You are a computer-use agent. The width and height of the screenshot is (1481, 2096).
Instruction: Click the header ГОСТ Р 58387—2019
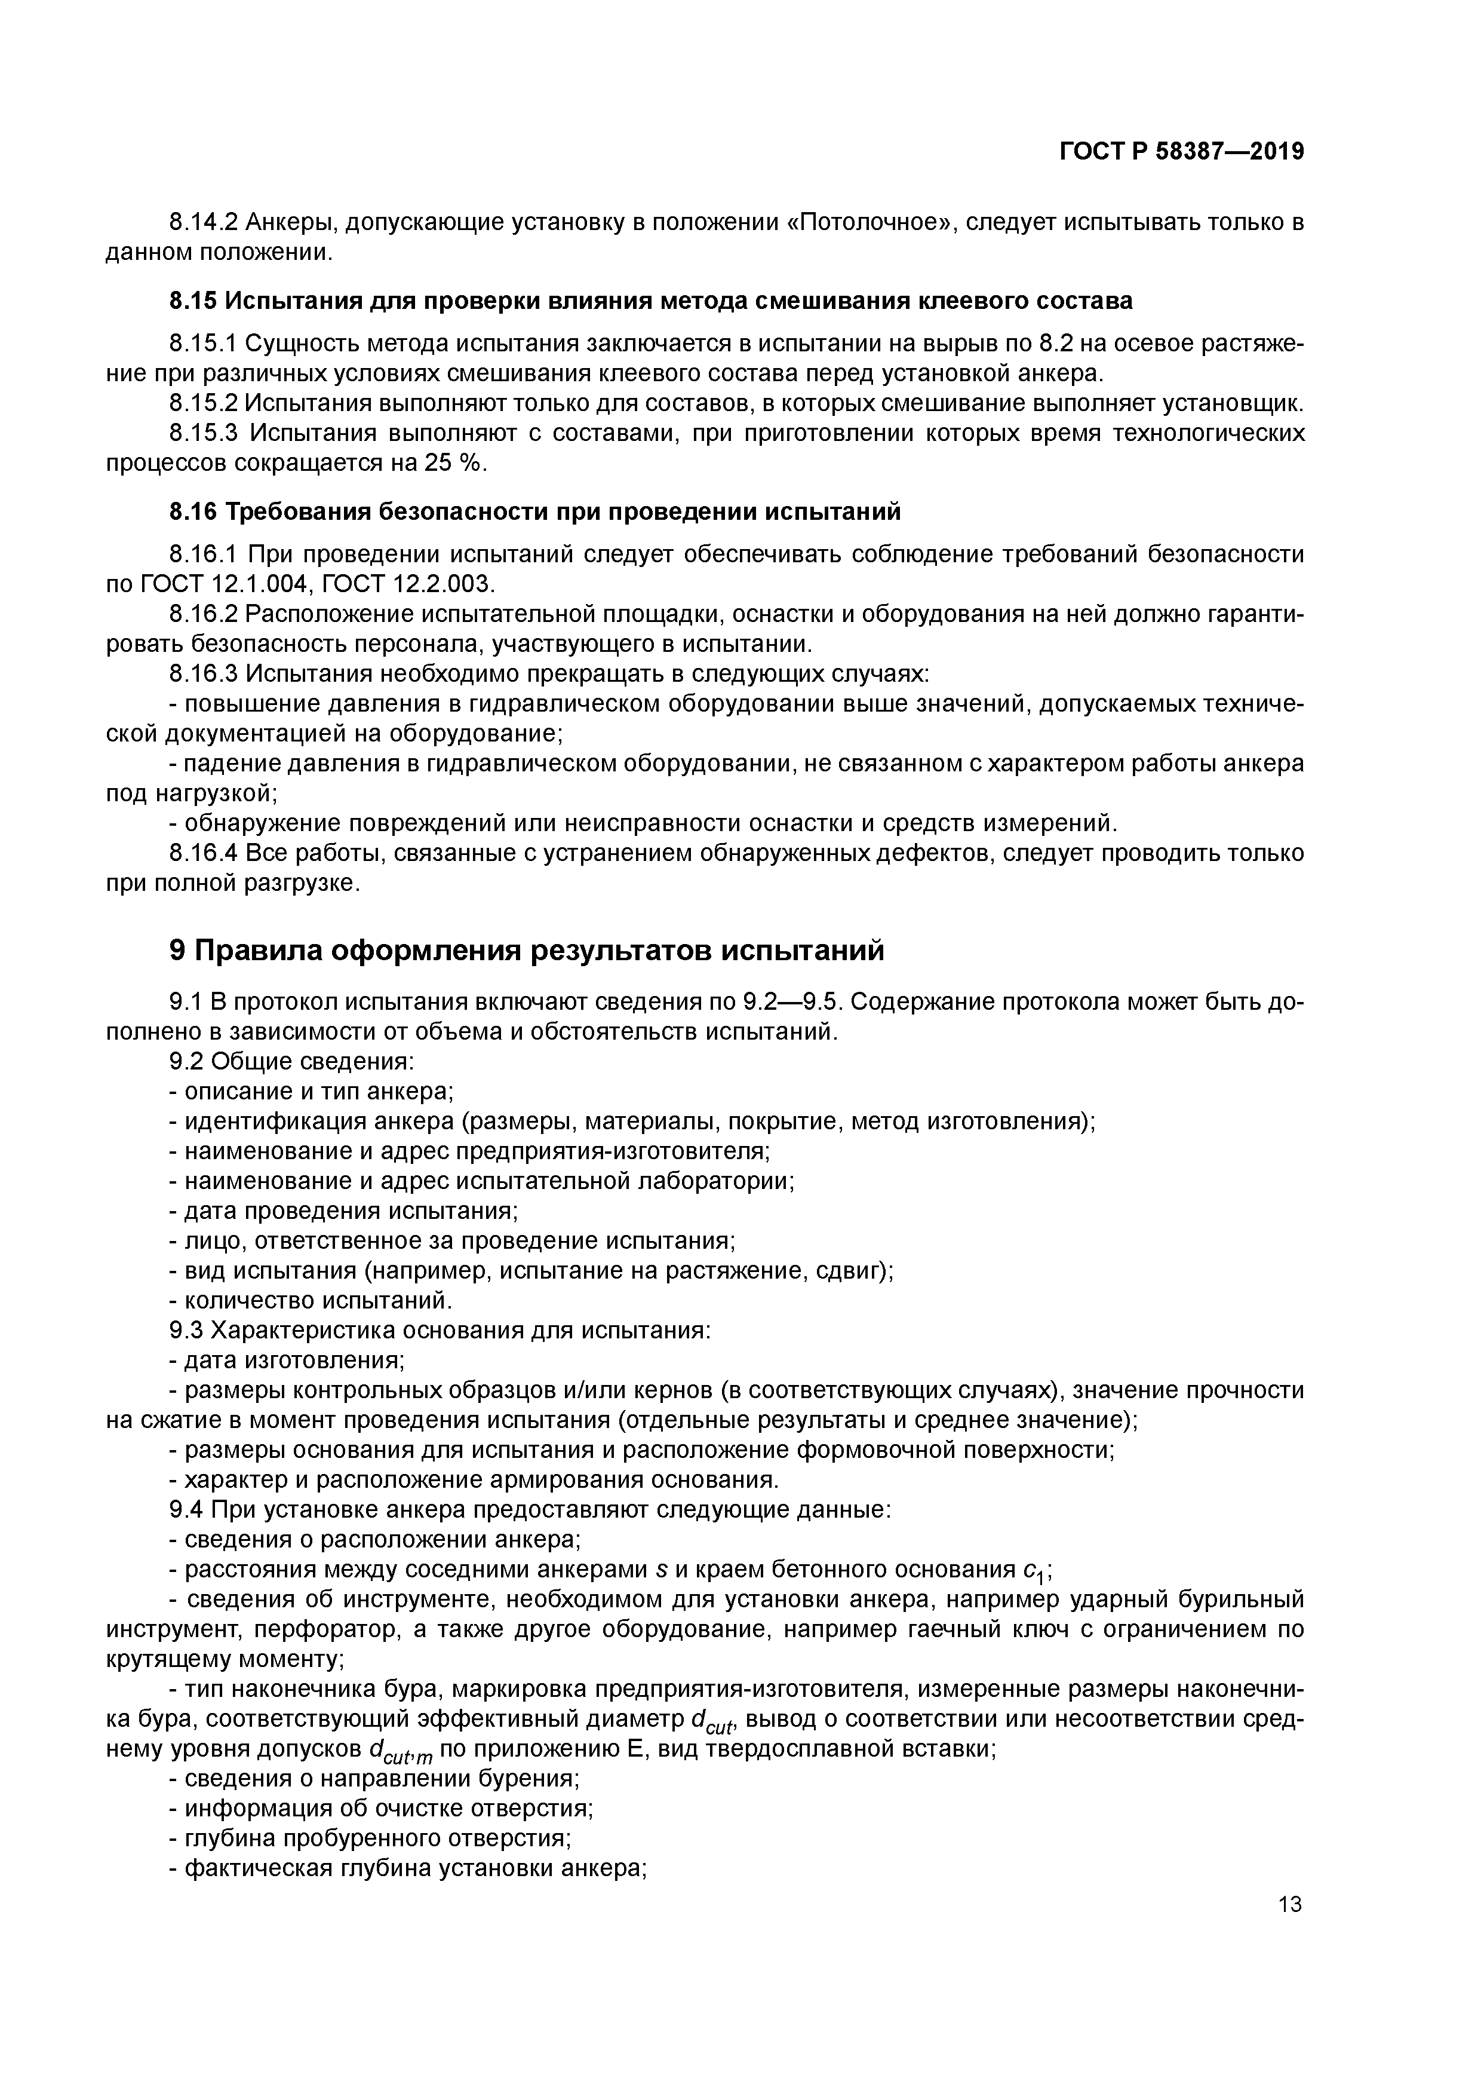point(1181,152)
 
